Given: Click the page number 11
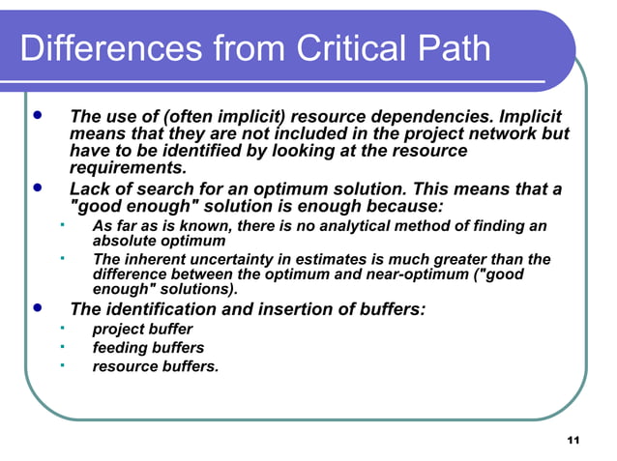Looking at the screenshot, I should pyautogui.click(x=573, y=441).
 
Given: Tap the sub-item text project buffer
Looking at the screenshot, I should pyautogui.click(x=142, y=330).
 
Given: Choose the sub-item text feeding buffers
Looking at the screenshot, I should pyautogui.click(x=148, y=348).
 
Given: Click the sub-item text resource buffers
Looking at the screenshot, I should pyautogui.click(x=155, y=366).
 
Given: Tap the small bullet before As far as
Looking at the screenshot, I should pyautogui.click(x=61, y=224).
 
